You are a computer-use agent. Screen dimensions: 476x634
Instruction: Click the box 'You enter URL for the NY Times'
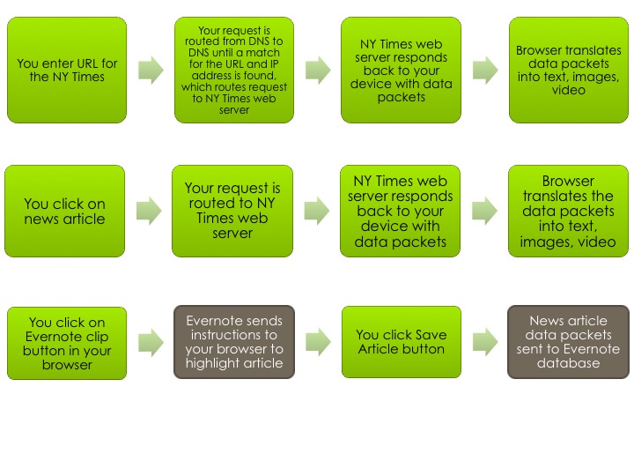pos(66,70)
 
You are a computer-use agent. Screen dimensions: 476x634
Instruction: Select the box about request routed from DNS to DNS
pos(234,70)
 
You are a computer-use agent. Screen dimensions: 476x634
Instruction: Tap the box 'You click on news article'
pos(66,211)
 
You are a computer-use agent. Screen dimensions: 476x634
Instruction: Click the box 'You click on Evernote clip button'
pos(66,342)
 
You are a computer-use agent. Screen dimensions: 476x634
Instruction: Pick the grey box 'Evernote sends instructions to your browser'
pos(234,342)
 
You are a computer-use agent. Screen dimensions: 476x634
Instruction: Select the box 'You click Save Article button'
pos(402,342)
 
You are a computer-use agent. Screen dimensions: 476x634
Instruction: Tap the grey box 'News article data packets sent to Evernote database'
pos(569,342)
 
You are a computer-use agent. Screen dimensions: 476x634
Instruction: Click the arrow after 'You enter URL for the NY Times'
pos(151,71)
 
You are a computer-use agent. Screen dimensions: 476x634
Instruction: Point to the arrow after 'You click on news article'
pos(151,211)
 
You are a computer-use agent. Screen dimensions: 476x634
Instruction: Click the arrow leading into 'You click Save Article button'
pos(318,342)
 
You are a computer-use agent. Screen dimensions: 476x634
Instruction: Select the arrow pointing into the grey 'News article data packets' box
pos(485,342)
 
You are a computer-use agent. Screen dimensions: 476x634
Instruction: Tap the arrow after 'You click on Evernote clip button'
pos(151,342)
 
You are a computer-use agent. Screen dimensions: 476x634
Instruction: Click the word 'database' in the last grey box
pos(569,363)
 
